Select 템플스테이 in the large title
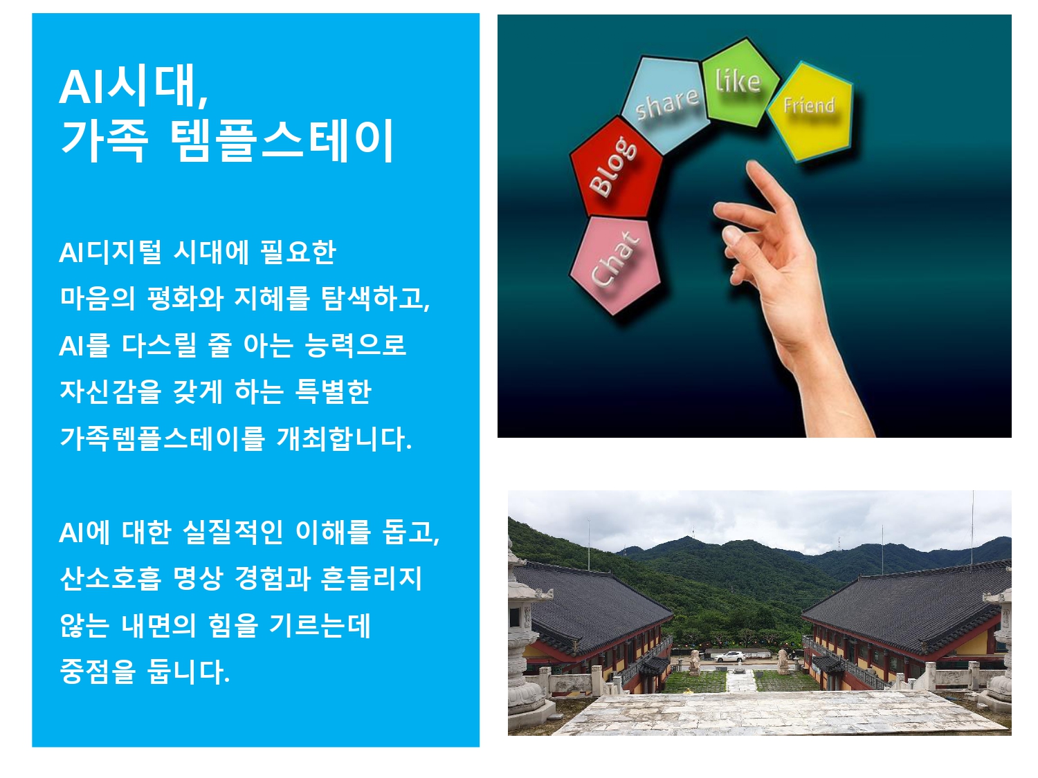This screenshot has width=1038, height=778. pos(281,140)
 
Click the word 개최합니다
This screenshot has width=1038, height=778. pos(344,438)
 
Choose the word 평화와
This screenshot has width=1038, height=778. pos(185,299)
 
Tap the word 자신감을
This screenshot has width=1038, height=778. pos(111,391)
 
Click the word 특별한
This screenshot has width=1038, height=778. pos(333,391)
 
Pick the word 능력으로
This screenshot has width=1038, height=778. pos(355,345)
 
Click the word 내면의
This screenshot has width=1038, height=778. pos(158,624)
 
